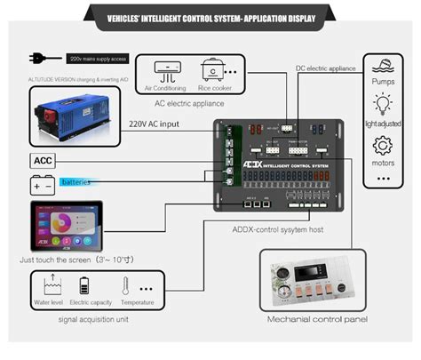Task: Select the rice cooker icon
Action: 213,71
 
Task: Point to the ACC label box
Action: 43,161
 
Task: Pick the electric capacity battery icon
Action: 85,286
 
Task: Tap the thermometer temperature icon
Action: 125,286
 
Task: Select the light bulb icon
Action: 384,106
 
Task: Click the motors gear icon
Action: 384,147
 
